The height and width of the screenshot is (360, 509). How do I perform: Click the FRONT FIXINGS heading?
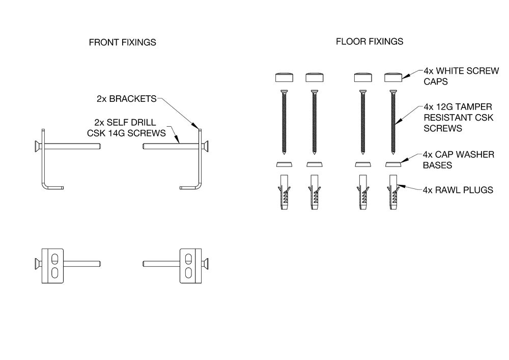[122, 43]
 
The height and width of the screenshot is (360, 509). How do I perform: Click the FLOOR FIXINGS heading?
[370, 42]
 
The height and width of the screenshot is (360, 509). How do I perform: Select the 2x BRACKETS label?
[127, 98]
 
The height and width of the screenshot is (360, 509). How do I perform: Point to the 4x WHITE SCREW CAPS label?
[461, 76]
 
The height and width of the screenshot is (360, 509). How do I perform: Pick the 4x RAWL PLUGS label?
[458, 190]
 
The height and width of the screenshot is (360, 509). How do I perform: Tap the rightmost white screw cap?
[393, 77]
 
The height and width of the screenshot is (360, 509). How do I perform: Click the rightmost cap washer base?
[393, 164]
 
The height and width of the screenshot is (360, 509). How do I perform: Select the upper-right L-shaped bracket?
[199, 163]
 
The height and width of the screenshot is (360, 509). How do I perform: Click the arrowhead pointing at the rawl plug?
[399, 186]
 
